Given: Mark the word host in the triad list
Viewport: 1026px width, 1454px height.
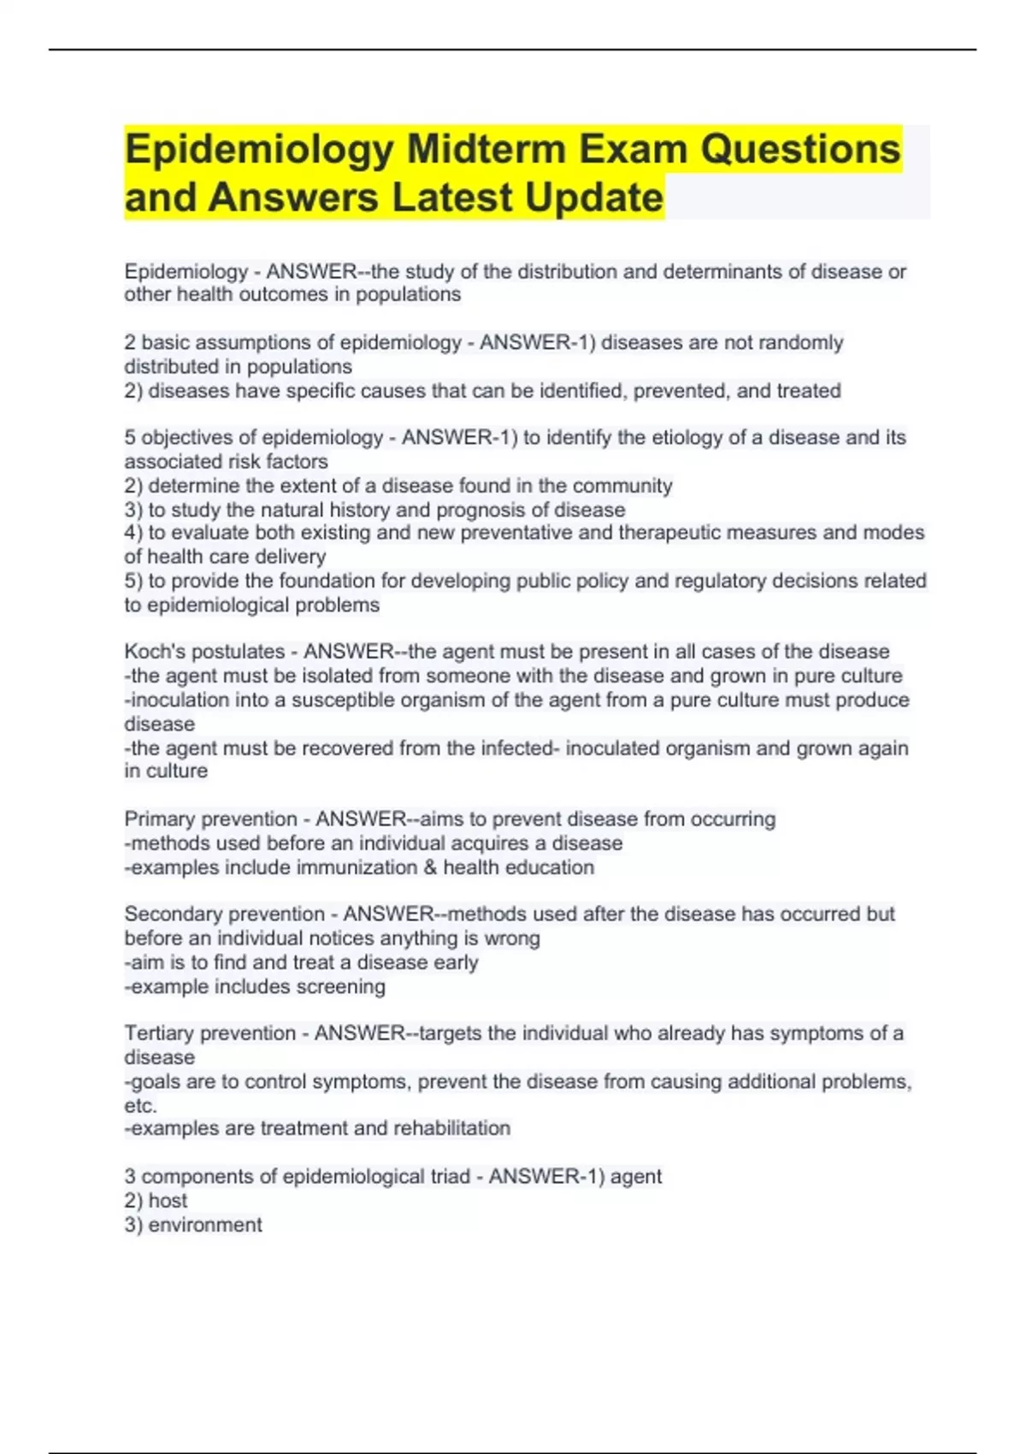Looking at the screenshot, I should pos(168,1201).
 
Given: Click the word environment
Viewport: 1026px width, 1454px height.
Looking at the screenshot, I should pos(205,1225).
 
